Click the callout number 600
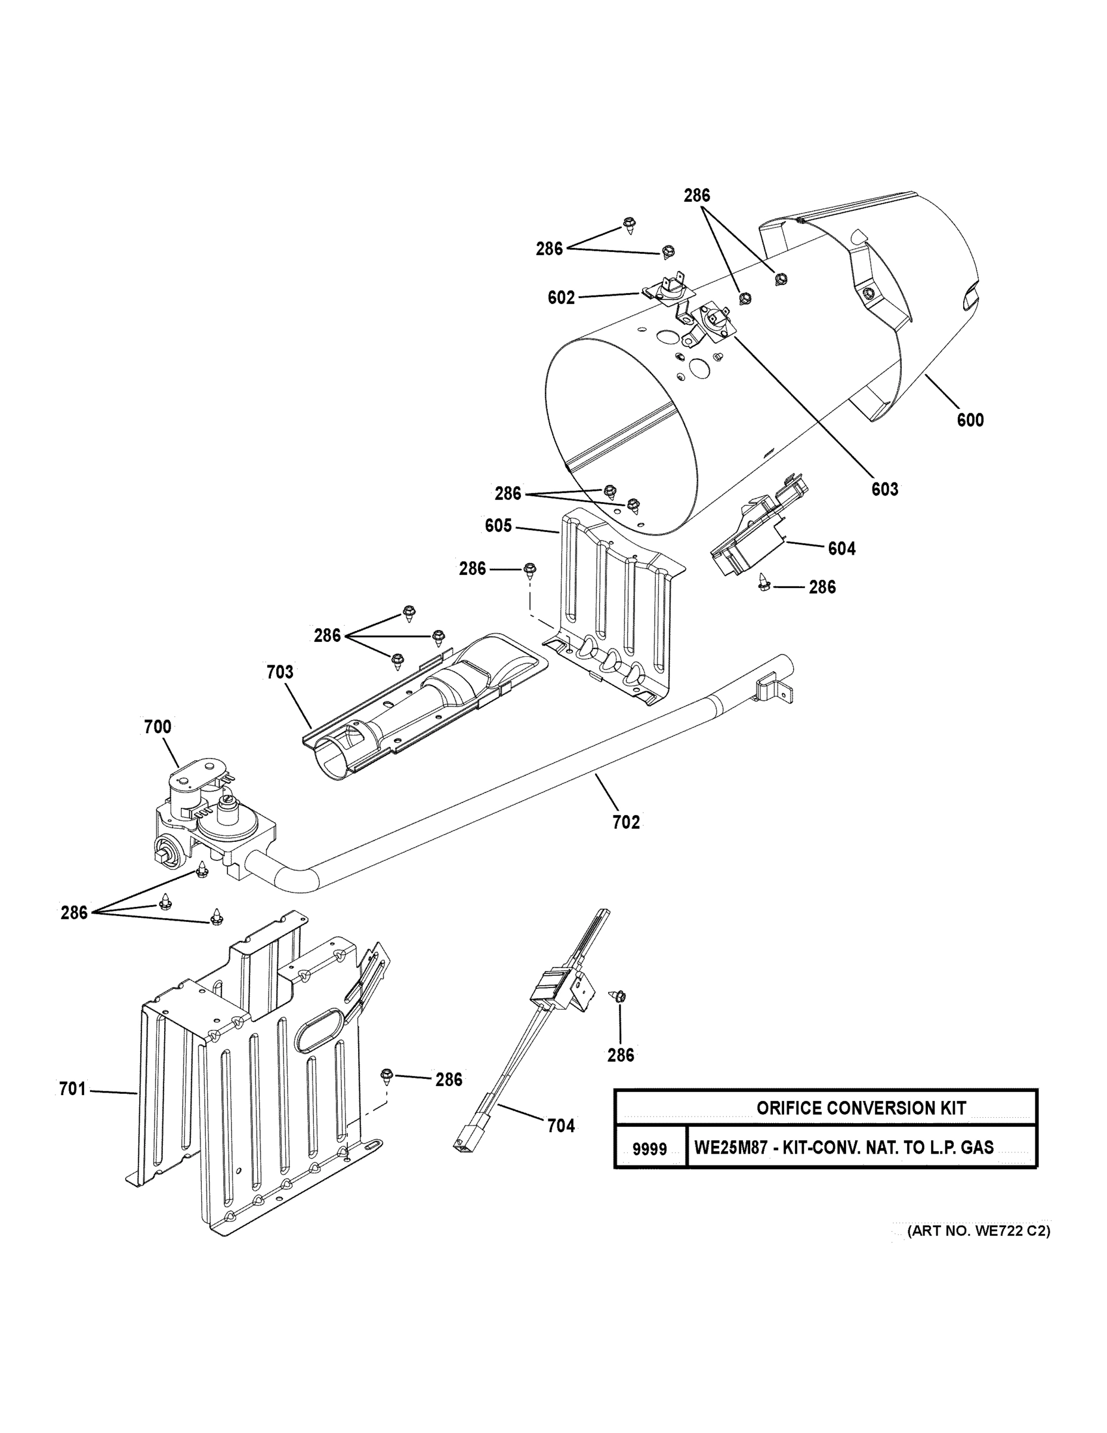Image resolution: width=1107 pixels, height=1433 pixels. click(970, 420)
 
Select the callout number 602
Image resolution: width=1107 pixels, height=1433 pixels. click(562, 298)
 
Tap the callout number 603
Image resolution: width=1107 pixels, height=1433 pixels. click(884, 490)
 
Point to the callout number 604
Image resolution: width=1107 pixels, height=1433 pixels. click(841, 548)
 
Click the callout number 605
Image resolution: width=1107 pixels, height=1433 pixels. click(498, 525)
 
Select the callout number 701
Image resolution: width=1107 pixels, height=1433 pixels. click(72, 1089)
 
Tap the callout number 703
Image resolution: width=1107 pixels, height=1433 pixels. click(280, 672)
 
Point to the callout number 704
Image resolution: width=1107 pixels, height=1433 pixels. click(561, 1126)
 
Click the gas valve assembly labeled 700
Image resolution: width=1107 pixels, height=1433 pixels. click(206, 820)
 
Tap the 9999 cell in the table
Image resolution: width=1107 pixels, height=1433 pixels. click(649, 1149)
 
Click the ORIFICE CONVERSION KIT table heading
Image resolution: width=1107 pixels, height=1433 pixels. click(861, 1108)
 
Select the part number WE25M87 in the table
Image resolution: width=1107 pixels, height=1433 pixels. click(728, 1148)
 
